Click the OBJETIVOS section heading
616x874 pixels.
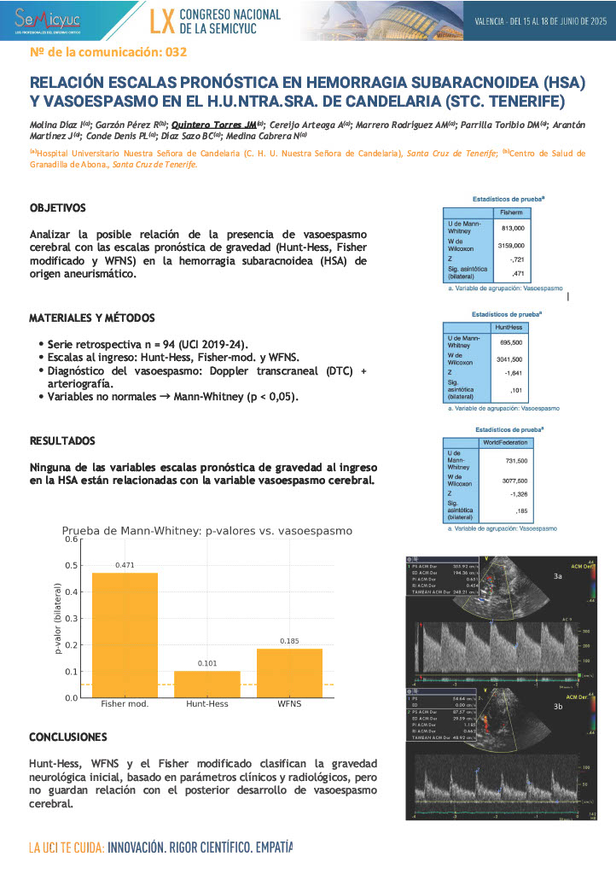(x=57, y=207)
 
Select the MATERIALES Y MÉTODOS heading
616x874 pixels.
(x=88, y=318)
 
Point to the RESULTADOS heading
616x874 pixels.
(x=62, y=441)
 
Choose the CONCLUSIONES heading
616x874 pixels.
(x=68, y=736)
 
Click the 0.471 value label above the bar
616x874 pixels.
(x=125, y=565)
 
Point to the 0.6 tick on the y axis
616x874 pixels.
(x=72, y=539)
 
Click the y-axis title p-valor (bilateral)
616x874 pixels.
(x=57, y=618)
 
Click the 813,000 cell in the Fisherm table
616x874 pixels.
(x=513, y=229)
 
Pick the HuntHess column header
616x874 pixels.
(x=512, y=326)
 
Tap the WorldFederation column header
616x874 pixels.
(x=506, y=442)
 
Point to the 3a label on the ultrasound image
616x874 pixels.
(x=558, y=577)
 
